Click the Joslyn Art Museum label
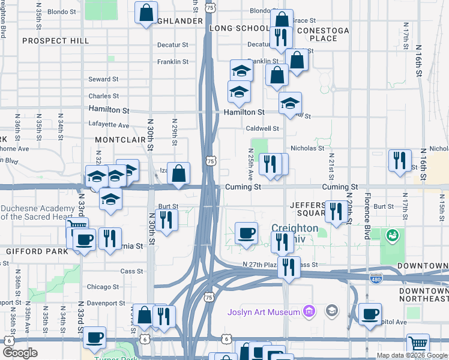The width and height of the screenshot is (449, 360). tap(264, 312)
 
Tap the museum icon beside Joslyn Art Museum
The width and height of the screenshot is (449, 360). tap(309, 311)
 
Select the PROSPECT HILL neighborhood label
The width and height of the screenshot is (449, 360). tap(55, 41)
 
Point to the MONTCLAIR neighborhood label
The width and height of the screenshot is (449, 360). tap(121, 139)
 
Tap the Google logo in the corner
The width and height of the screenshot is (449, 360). tap(20, 353)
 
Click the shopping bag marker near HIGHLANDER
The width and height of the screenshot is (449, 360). tap(146, 13)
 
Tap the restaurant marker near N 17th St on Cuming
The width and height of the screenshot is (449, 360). tap(400, 160)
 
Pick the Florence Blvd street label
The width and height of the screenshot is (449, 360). tap(367, 208)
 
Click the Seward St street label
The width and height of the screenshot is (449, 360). tap(99, 79)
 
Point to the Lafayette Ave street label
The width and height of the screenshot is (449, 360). tap(109, 125)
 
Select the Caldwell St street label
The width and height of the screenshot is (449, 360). tap(262, 128)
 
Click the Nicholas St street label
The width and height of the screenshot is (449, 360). tap(307, 148)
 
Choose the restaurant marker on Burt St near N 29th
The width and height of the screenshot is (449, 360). tap(166, 219)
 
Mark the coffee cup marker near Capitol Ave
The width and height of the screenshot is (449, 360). tap(370, 313)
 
